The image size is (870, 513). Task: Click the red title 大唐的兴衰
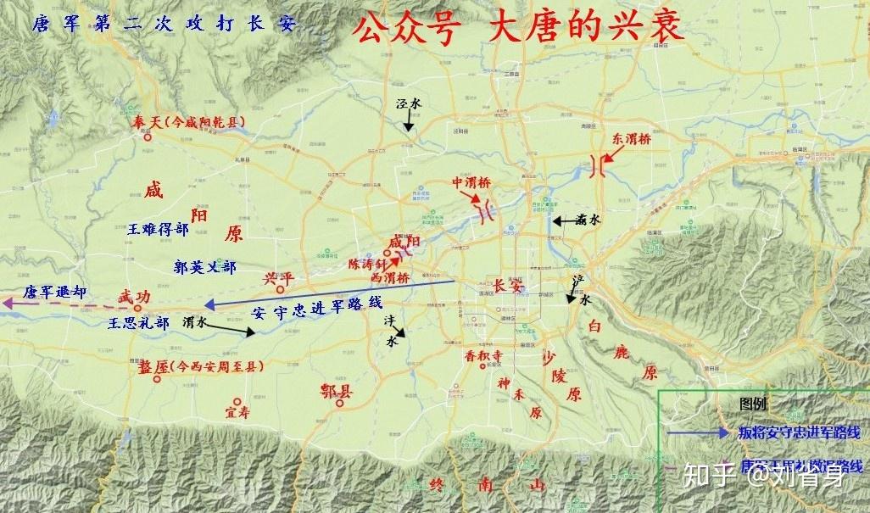click(x=585, y=27)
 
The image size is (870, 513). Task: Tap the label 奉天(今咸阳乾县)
click(x=187, y=123)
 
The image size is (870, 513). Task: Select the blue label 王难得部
click(x=159, y=229)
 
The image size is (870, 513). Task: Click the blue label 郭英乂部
click(x=204, y=266)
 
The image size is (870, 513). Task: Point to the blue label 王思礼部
click(x=139, y=323)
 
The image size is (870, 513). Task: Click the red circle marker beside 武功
click(x=137, y=309)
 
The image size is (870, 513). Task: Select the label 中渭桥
click(x=471, y=182)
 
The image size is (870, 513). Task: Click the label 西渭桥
click(x=390, y=277)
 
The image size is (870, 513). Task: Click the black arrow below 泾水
click(x=409, y=123)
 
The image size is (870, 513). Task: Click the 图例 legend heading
click(x=753, y=404)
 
